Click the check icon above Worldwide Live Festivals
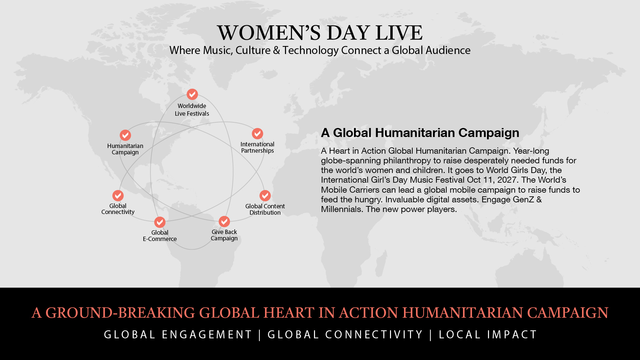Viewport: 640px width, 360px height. (x=192, y=94)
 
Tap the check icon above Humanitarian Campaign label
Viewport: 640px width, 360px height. (x=125, y=135)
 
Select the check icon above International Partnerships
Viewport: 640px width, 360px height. (x=257, y=134)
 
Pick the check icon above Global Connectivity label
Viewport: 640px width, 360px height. (x=118, y=196)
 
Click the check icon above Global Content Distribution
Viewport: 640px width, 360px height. (x=265, y=196)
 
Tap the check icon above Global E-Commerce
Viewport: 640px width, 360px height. (x=160, y=222)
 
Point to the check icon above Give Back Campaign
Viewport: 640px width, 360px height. (x=224, y=222)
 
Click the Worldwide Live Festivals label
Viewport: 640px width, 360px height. (x=192, y=110)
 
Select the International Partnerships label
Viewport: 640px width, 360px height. (x=257, y=147)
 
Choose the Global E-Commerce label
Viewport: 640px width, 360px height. (x=160, y=236)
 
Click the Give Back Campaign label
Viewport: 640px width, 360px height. (x=224, y=235)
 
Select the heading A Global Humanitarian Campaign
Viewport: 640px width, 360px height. (x=420, y=133)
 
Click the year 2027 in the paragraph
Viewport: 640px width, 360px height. (x=508, y=180)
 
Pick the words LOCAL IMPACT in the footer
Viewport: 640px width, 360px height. (x=488, y=335)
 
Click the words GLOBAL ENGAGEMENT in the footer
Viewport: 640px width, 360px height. (x=178, y=335)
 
